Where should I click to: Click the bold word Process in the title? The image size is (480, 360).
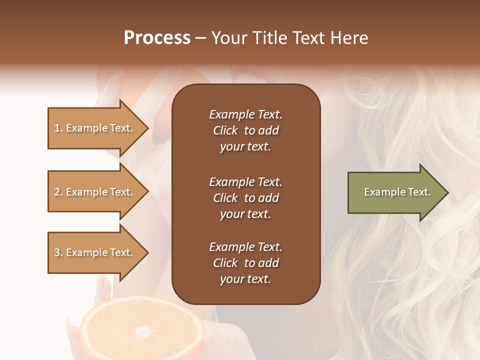(x=157, y=38)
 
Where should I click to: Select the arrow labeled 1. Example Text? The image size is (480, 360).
(x=95, y=128)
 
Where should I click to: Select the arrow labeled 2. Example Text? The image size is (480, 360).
(x=95, y=192)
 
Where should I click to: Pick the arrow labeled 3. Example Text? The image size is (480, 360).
(x=95, y=252)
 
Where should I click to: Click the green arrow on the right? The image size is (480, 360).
(x=395, y=192)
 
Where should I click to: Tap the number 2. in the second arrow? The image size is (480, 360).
(x=58, y=192)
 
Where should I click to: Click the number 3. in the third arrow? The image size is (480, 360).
(x=58, y=252)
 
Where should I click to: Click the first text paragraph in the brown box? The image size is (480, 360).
(x=245, y=130)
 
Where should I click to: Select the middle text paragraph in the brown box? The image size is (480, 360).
(x=245, y=198)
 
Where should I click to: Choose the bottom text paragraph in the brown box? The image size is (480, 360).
(x=245, y=263)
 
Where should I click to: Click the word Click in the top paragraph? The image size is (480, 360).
(x=225, y=130)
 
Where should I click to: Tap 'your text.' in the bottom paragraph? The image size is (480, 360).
(x=245, y=279)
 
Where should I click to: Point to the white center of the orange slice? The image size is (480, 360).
(x=143, y=331)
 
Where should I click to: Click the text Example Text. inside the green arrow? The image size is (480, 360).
(x=397, y=192)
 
